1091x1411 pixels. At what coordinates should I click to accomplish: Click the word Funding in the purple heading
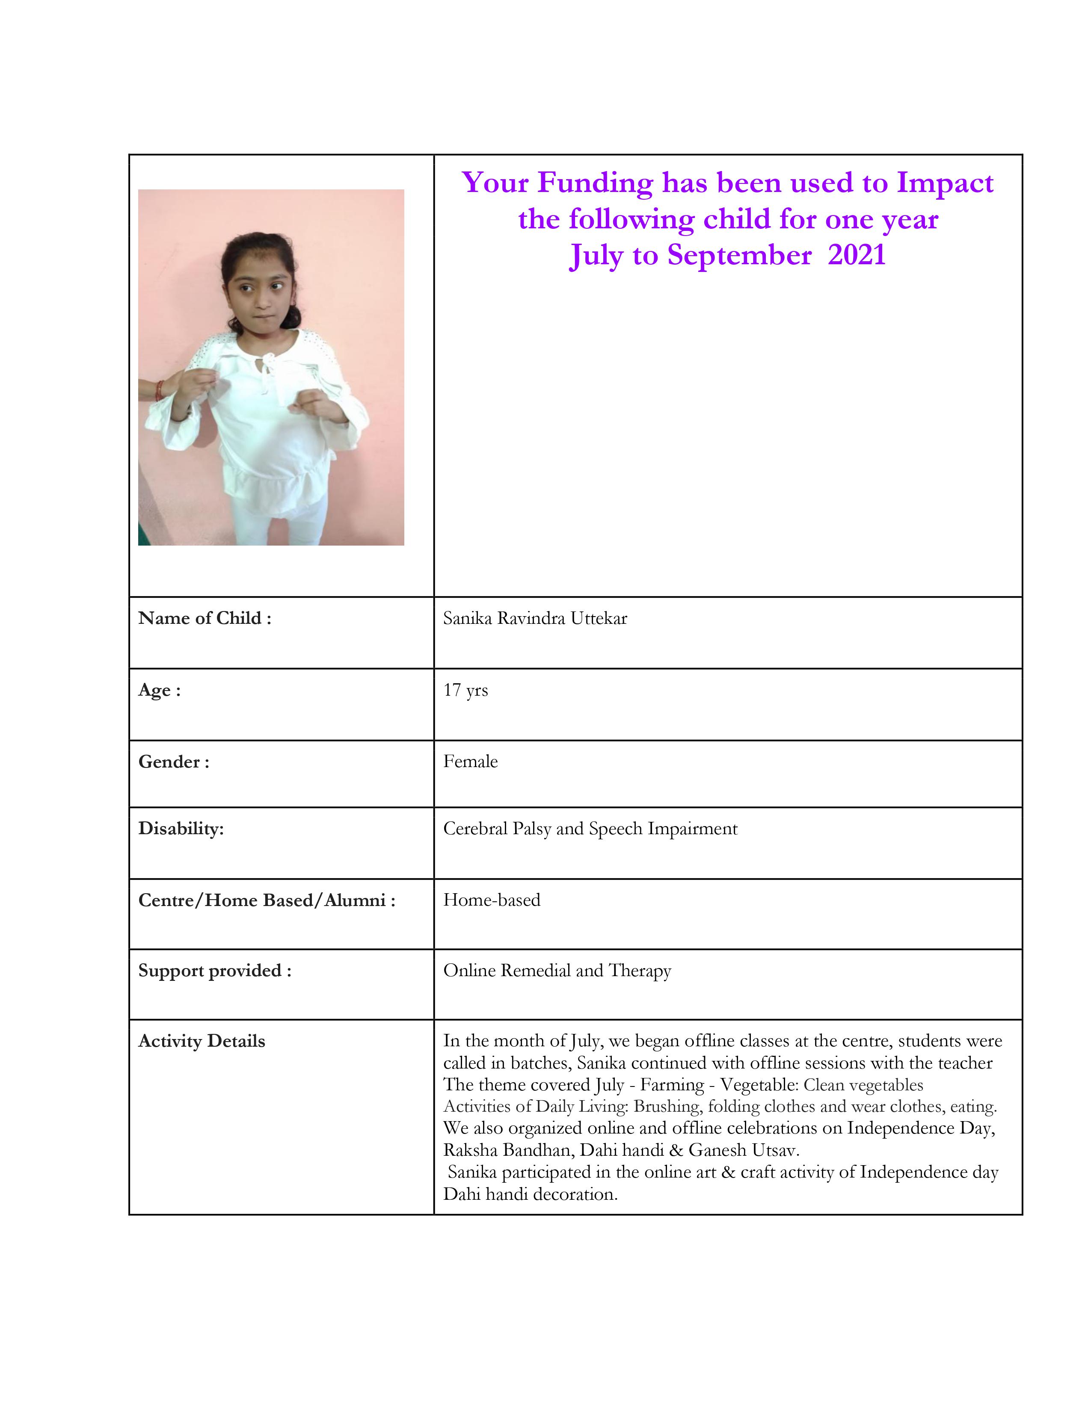pos(595,183)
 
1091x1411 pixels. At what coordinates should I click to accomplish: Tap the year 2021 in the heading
pos(857,255)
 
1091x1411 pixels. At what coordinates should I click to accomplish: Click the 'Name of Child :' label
pos(204,618)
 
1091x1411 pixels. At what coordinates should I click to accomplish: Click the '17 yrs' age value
pos(465,690)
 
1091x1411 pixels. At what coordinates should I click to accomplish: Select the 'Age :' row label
pos(159,690)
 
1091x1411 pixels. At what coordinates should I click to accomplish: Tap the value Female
pos(471,762)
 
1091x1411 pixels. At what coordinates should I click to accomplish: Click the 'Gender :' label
pos(173,762)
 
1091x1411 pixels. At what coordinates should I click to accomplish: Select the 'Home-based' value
pos(492,900)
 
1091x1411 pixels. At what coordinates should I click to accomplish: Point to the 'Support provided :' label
pos(215,971)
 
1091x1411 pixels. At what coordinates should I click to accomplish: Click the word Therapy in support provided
pos(640,971)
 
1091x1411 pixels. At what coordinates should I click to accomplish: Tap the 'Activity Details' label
pos(202,1041)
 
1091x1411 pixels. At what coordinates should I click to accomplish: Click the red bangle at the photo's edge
pos(159,390)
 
